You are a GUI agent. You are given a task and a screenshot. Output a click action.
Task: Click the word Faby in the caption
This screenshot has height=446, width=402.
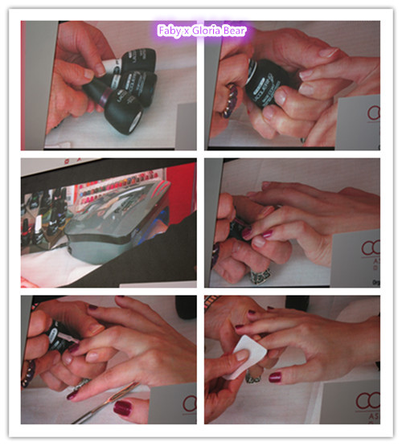pos(168,31)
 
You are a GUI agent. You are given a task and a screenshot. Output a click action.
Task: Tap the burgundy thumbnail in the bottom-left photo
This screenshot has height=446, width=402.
pos(123,407)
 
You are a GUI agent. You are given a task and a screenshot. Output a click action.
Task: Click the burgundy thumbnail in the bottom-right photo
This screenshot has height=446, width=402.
pos(275,376)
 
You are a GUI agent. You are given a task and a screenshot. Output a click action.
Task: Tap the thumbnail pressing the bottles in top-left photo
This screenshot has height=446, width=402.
pos(89,74)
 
